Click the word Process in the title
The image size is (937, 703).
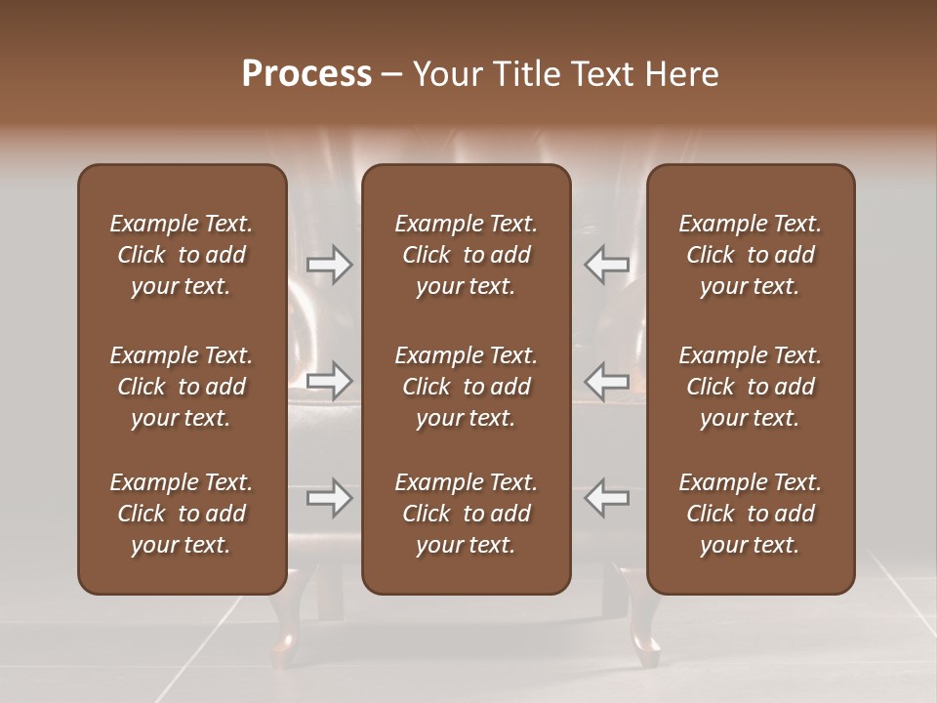point(306,74)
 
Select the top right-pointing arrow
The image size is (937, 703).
point(329,265)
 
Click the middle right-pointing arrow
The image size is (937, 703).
point(329,380)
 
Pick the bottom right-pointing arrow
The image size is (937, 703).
point(329,498)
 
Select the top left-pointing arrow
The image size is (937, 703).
point(607,265)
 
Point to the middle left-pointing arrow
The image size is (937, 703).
point(607,380)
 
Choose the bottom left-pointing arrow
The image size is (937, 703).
point(607,498)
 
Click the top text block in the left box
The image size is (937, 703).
point(182,255)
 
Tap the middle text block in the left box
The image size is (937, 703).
point(182,387)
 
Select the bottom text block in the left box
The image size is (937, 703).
point(182,514)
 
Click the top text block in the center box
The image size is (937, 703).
point(466,255)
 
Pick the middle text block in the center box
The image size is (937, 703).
point(466,387)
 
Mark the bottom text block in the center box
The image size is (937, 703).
point(466,514)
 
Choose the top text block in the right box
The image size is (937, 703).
point(750,255)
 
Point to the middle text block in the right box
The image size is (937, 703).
point(750,387)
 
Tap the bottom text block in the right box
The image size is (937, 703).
point(750,514)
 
